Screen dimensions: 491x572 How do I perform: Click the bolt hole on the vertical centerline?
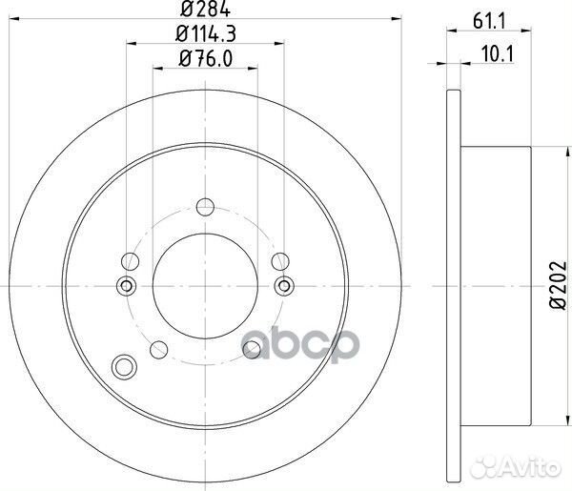[202, 205]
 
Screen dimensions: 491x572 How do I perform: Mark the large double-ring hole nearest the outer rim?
[124, 365]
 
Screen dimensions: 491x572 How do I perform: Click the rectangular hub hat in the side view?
[496, 285]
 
